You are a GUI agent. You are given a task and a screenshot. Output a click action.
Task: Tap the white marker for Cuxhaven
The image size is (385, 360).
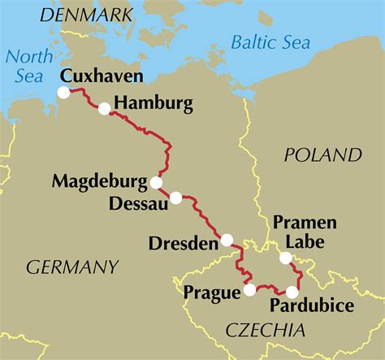(x=64, y=93)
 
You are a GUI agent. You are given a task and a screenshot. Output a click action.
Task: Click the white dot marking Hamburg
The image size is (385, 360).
(x=104, y=109)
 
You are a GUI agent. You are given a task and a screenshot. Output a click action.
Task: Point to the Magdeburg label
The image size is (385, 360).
(x=99, y=180)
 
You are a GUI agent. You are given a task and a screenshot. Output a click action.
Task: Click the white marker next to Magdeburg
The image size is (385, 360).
(x=156, y=182)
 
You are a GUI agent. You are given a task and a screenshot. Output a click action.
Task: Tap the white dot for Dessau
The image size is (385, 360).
(x=175, y=197)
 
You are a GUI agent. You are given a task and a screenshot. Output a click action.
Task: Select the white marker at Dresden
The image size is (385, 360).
(x=227, y=240)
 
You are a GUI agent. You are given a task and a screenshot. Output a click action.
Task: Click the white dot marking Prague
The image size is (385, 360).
(x=249, y=289)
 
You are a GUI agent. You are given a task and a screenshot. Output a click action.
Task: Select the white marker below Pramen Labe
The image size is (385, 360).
(x=285, y=259)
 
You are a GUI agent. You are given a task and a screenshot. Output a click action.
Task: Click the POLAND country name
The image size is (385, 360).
(x=323, y=154)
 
